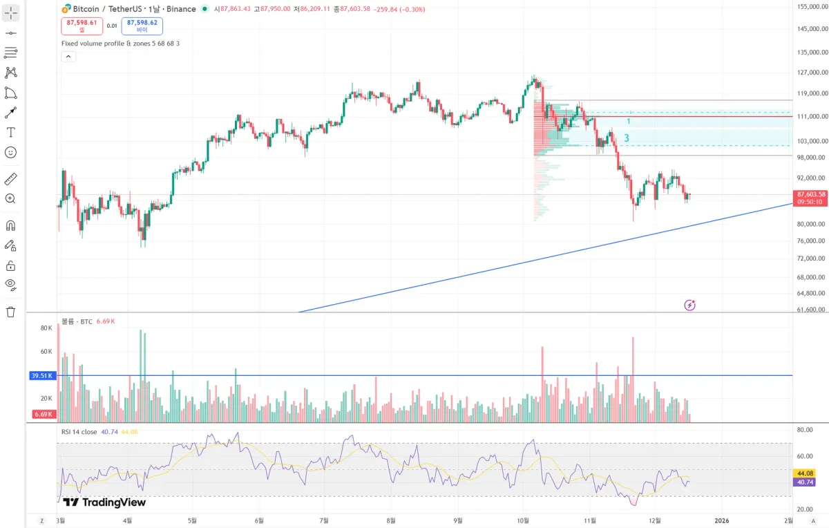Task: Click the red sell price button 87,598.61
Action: pos(82,26)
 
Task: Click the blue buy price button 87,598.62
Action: pos(142,26)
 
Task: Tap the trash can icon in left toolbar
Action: pos(10,312)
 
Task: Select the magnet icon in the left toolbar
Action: pos(10,225)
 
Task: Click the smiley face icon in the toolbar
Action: pos(10,152)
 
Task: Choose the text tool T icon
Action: pos(10,132)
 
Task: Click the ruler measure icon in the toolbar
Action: pos(10,179)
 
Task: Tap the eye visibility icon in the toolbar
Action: pos(10,284)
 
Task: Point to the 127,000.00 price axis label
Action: pos(812,73)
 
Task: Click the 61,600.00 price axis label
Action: pos(812,310)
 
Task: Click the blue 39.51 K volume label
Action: pos(42,376)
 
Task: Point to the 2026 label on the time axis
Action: pos(721,520)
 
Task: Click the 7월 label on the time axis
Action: pos(324,520)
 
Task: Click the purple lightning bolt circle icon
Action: pos(689,305)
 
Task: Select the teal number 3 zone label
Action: pos(627,138)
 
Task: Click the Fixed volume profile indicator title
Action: pos(120,44)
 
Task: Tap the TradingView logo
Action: pos(104,502)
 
